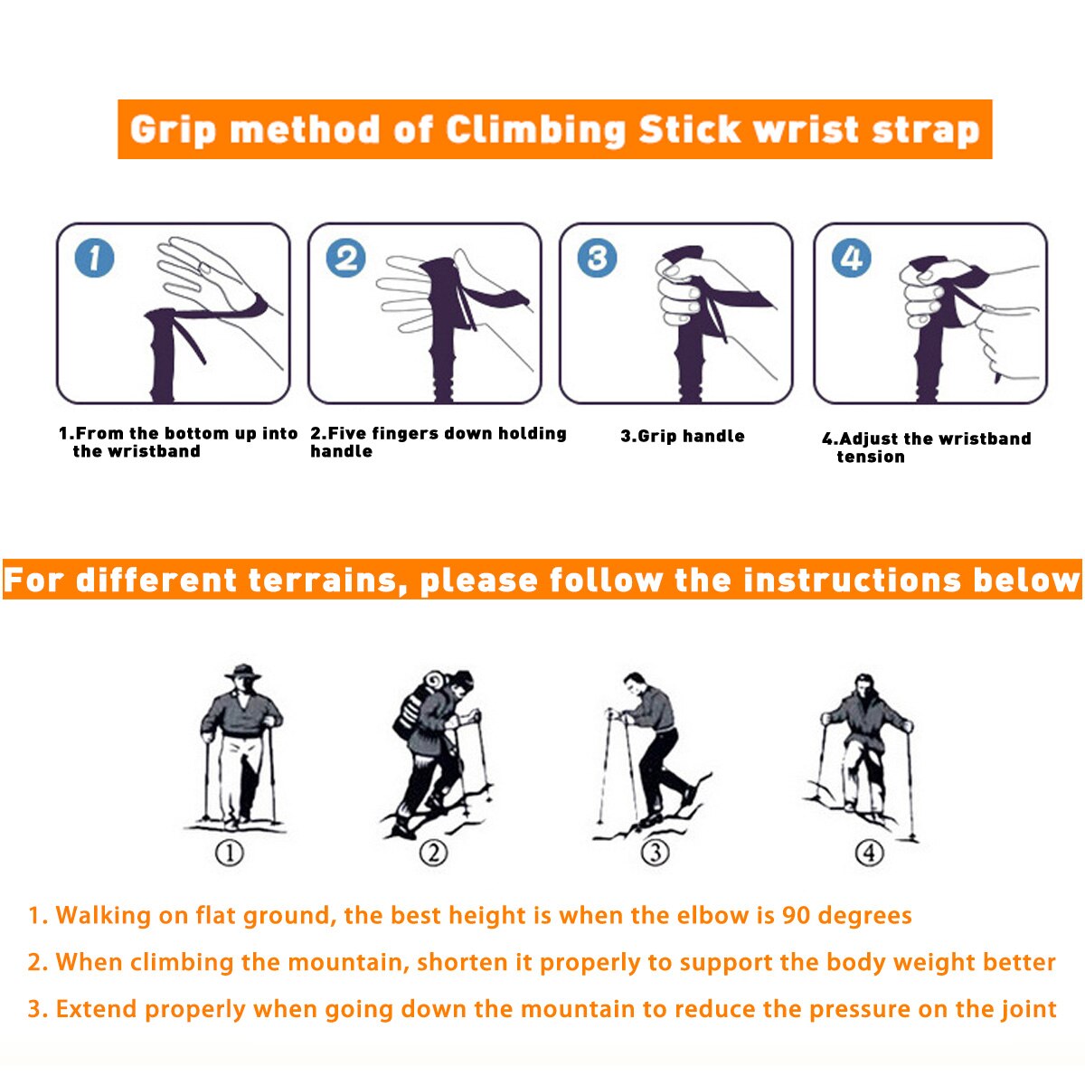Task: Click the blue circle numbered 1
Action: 95,259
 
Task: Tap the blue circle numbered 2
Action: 345,259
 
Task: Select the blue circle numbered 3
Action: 597,259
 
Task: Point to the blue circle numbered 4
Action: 852,259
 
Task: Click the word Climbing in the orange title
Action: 535,130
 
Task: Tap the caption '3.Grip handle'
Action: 683,436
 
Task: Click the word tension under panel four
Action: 871,457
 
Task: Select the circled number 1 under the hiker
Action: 230,853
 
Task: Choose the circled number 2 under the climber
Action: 434,853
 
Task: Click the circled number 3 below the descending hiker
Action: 656,853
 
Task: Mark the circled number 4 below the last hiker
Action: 869,853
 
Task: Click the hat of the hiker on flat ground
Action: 242,672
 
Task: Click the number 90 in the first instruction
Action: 797,916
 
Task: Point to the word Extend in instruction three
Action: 96,1009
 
